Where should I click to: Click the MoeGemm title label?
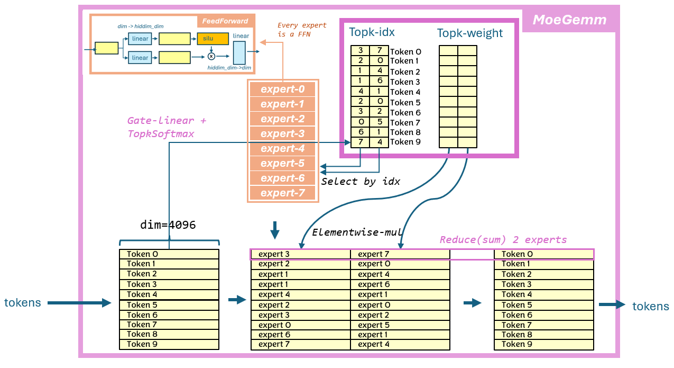[x=569, y=20]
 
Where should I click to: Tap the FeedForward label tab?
[x=225, y=21]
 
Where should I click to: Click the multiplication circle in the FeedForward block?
[x=211, y=56]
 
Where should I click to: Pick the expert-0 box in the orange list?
[x=283, y=89]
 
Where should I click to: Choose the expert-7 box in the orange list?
[x=283, y=193]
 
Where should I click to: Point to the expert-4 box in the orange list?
[x=283, y=148]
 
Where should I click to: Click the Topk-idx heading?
[x=372, y=32]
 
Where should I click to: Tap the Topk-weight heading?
[x=469, y=33]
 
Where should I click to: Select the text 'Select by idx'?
[x=361, y=181]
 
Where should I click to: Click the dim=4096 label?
[x=168, y=225]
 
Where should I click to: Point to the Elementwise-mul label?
[x=357, y=232]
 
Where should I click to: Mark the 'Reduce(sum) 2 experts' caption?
[x=503, y=240]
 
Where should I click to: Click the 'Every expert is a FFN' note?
[x=302, y=30]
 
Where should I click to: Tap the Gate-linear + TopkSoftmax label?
[x=167, y=127]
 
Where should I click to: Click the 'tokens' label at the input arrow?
[x=23, y=303]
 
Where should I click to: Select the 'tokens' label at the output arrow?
[x=651, y=306]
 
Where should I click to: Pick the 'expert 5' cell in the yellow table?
[x=373, y=325]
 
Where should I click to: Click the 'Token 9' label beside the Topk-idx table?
[x=405, y=142]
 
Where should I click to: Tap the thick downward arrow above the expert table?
[x=274, y=230]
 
